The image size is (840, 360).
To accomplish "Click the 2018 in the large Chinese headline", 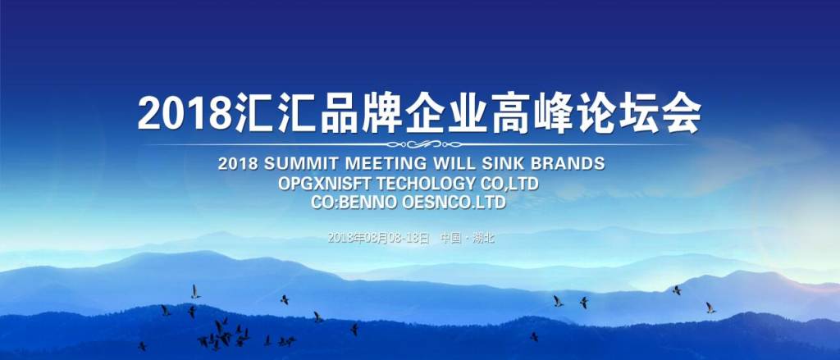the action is [x=185, y=113].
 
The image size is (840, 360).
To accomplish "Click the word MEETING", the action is [x=378, y=163].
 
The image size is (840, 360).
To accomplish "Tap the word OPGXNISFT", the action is [x=325, y=183].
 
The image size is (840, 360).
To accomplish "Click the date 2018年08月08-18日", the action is [x=378, y=238].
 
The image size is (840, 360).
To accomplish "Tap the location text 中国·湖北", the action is [x=467, y=238].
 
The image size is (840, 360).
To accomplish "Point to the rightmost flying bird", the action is [x=710, y=308].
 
